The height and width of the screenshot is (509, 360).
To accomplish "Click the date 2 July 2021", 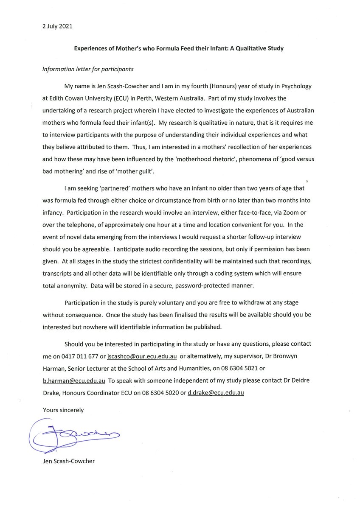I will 57,26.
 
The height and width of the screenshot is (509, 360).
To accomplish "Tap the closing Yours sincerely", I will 63,410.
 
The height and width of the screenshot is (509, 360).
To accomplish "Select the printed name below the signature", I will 68,461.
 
